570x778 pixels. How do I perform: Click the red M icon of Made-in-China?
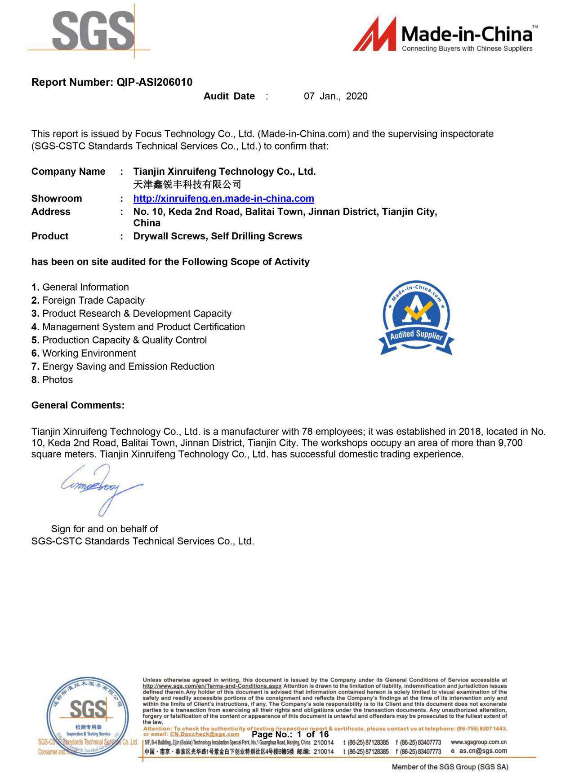(x=374, y=34)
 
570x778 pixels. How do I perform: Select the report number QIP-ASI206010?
(x=154, y=82)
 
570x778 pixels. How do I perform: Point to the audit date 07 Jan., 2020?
(x=335, y=96)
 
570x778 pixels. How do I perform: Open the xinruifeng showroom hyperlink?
(x=223, y=199)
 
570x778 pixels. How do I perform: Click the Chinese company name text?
(x=187, y=184)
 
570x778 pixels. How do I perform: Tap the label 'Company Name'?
(x=68, y=172)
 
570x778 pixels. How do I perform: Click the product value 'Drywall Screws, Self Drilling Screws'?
(x=218, y=236)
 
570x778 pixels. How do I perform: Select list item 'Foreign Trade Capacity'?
(x=93, y=301)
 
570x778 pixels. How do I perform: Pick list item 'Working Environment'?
(x=89, y=354)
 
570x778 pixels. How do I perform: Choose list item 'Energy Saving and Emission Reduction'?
(x=128, y=367)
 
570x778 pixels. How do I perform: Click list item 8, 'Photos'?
(x=57, y=380)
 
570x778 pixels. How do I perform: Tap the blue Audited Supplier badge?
(x=416, y=318)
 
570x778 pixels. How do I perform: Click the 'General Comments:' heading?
(x=78, y=406)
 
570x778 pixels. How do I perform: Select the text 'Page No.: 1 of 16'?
(x=290, y=734)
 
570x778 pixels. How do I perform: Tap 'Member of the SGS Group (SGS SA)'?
(x=450, y=767)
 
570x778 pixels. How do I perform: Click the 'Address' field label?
(x=51, y=212)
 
